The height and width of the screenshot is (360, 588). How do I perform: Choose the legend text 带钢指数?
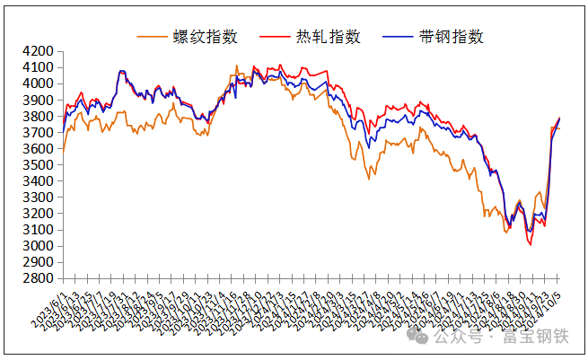click(x=451, y=37)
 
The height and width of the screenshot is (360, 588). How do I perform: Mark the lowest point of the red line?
click(x=530, y=244)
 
